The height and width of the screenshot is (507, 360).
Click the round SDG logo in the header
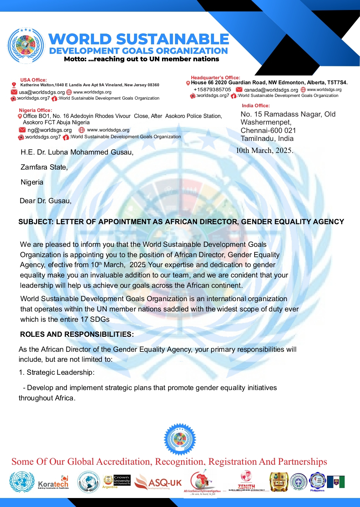coord(26,46)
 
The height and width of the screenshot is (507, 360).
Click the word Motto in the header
coord(75,59)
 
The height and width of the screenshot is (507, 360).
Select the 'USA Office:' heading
coord(33,80)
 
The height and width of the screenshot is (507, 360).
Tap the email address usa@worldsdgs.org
coord(42,92)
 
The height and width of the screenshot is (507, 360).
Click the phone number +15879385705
coord(212,90)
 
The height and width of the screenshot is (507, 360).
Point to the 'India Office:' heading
coord(256,106)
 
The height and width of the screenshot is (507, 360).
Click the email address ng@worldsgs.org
coord(49,130)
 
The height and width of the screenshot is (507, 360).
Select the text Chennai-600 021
coord(268,131)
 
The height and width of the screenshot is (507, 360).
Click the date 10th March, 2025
coord(264,151)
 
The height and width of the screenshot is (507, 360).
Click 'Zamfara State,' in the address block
coord(44,167)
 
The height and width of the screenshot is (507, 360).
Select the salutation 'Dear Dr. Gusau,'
coord(45,201)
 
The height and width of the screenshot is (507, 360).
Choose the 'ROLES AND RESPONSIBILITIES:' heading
coord(77,334)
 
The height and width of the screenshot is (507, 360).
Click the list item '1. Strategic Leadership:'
coord(56,372)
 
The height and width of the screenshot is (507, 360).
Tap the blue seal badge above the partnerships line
coord(180,439)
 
